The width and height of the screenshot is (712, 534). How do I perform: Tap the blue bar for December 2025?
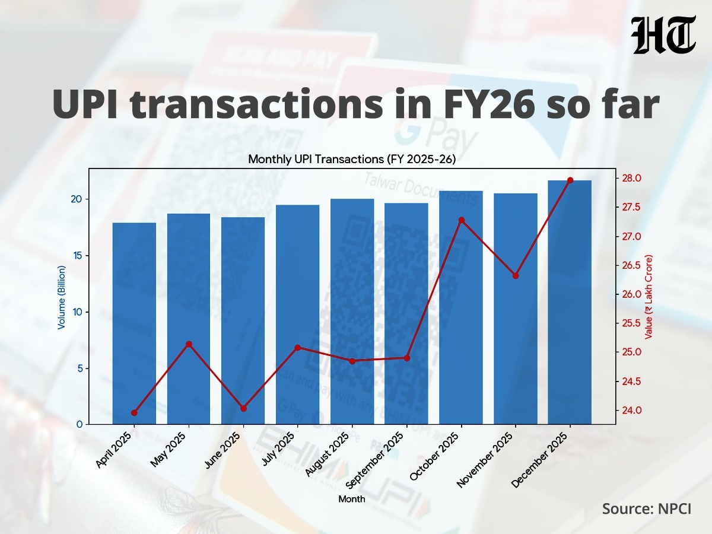(570, 302)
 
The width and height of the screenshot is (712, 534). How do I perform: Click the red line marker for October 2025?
(462, 220)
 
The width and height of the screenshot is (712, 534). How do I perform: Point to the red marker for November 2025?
(516, 276)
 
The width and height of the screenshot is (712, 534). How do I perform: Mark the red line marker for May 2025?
(189, 344)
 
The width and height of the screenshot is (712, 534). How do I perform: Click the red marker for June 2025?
(243, 408)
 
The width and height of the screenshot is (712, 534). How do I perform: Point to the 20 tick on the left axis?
(76, 199)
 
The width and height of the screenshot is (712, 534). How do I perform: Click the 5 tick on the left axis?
(78, 368)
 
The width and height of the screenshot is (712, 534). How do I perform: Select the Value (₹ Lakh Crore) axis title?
(649, 297)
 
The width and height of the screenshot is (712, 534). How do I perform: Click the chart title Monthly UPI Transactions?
(352, 159)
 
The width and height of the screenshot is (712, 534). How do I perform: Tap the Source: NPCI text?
(647, 508)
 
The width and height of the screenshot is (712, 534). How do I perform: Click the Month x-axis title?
(352, 499)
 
